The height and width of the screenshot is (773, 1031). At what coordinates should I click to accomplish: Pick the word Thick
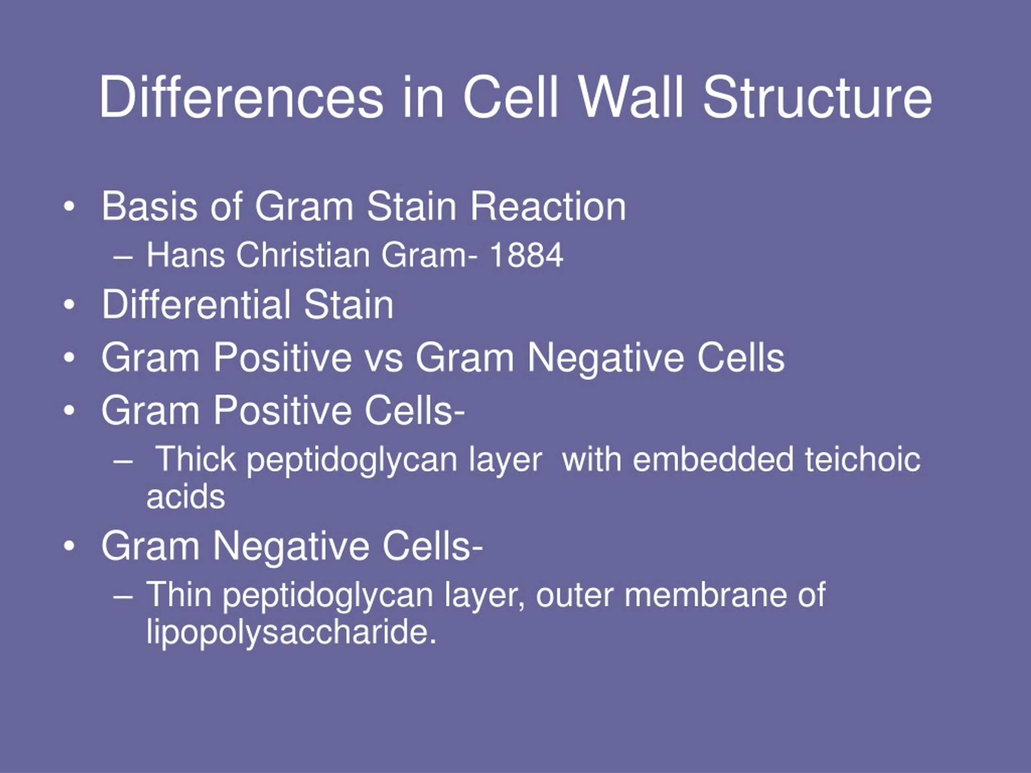[x=195, y=459]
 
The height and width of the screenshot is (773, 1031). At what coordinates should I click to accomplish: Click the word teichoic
[x=863, y=459]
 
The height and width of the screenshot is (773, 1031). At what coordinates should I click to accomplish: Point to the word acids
[x=186, y=497]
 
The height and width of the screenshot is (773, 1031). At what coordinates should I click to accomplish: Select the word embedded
[x=713, y=459]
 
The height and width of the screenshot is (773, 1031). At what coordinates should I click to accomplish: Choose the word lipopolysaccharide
[x=291, y=632]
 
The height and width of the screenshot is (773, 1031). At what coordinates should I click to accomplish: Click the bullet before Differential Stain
[x=69, y=305]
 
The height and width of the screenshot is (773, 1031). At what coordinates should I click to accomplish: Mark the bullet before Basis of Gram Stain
[x=69, y=207]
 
